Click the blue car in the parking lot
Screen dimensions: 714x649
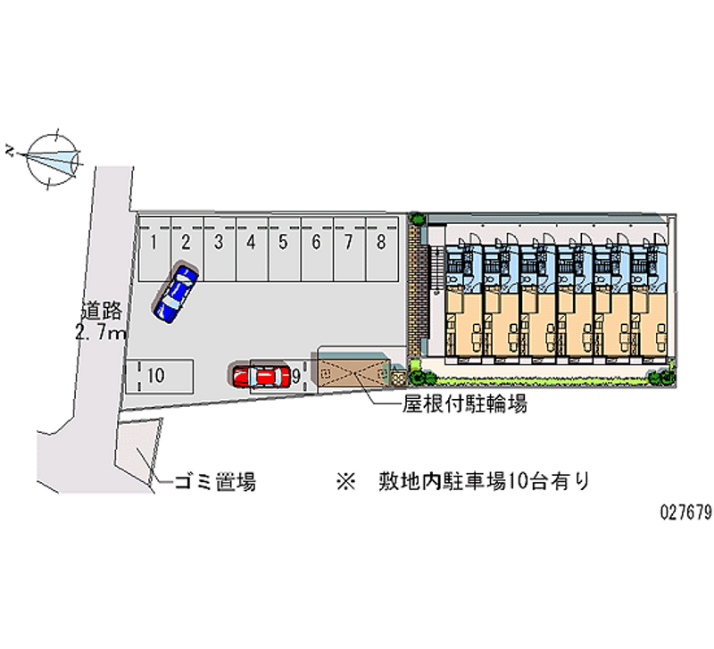176,292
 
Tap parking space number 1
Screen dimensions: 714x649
154,240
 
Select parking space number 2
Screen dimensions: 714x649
187,240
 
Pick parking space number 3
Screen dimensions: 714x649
219,240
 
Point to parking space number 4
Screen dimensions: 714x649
252,240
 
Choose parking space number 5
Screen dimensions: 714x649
284,240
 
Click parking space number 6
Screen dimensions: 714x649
316,240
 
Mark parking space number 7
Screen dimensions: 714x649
349,240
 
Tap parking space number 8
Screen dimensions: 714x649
381,240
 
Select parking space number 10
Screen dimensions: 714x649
155,376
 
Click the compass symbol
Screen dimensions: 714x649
52,159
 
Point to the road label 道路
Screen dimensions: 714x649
101,312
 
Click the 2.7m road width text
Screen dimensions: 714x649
101,333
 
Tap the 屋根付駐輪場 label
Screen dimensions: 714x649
464,404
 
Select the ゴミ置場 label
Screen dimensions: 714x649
214,483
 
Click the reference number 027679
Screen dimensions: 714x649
685,513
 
